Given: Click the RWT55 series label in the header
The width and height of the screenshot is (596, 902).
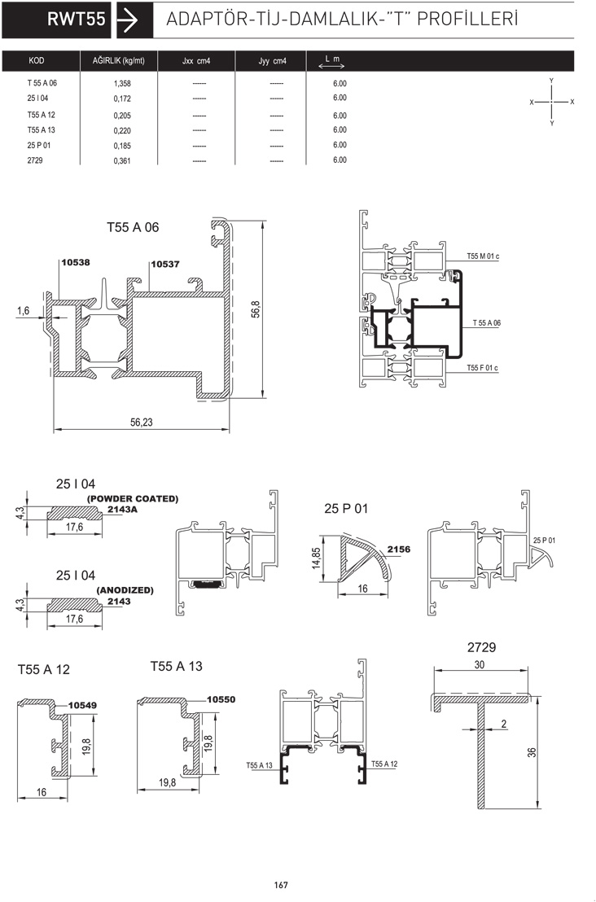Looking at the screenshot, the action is coord(77,20).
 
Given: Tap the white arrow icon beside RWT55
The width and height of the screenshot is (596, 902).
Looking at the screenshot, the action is coord(128,20).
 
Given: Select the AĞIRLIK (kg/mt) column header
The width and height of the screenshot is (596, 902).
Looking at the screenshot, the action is coord(119,60).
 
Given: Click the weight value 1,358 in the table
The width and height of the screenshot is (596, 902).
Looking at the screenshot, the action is coord(122,83).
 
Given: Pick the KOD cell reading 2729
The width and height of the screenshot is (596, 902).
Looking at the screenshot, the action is coord(35,160).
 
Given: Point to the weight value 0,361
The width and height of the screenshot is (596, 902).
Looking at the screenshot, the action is coord(122,161).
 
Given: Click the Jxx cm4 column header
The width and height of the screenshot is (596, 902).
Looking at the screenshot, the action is coord(196,61).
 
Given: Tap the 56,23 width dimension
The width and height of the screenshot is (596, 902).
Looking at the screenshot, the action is coord(142,423).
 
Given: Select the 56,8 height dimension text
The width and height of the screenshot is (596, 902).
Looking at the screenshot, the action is coord(256,309).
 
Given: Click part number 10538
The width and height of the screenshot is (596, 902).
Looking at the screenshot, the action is coord(76,263).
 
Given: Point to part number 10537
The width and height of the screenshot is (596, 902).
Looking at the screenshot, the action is coord(165,264).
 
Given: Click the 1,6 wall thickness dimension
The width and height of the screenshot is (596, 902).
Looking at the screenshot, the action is coord(23,311).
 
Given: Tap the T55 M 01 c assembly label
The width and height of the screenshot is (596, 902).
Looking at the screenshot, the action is coord(484,256).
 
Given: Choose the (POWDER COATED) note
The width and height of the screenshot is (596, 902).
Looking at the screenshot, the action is coord(133,499).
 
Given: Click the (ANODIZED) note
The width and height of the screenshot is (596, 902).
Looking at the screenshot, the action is coord(125,590).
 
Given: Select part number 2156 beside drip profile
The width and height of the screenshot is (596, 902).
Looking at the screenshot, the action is coord(399,550).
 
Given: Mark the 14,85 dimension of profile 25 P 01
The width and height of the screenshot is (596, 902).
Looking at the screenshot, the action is coord(317,558).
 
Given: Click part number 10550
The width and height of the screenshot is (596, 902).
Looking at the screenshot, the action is coord(221,699).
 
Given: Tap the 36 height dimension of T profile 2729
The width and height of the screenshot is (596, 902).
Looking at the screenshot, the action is coord(532,752).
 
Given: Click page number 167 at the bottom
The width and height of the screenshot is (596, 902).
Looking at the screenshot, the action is coord(281,885).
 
